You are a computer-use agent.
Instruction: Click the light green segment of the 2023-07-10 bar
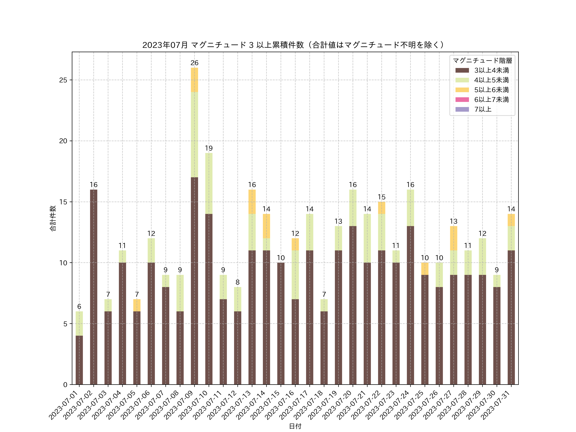click(x=209, y=183)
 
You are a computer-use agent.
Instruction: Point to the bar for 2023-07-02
click(x=93, y=286)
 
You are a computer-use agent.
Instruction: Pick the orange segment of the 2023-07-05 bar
click(x=137, y=305)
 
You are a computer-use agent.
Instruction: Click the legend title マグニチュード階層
click(x=482, y=61)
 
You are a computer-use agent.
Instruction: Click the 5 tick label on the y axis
click(x=65, y=324)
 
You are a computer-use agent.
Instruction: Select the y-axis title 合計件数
click(x=53, y=218)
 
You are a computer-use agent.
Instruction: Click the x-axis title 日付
click(x=295, y=426)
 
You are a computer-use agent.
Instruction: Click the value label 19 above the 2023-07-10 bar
click(x=209, y=148)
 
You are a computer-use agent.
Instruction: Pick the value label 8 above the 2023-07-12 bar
click(x=237, y=282)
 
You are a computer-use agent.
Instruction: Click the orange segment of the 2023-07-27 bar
click(x=453, y=238)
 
